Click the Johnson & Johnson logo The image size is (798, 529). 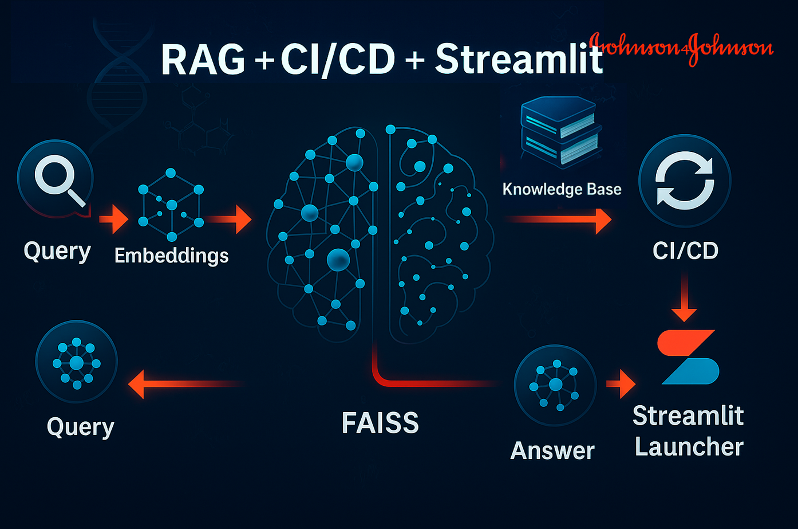[x=681, y=49]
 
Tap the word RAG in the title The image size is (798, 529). [x=203, y=59]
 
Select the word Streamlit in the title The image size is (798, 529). [x=519, y=59]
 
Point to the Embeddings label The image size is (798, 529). [x=171, y=255]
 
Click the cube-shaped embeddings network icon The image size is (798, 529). [x=171, y=205]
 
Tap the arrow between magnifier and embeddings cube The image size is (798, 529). [x=114, y=219]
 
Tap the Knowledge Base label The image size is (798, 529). [x=562, y=189]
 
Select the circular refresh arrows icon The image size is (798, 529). [x=685, y=181]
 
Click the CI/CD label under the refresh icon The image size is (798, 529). [x=685, y=250]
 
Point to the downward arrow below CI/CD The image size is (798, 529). [x=684, y=299]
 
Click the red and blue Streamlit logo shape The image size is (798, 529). [x=688, y=356]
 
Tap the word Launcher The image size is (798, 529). [x=689, y=446]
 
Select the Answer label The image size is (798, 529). [x=552, y=450]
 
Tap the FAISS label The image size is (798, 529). [x=380, y=423]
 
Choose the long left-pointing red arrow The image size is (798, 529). [x=183, y=383]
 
